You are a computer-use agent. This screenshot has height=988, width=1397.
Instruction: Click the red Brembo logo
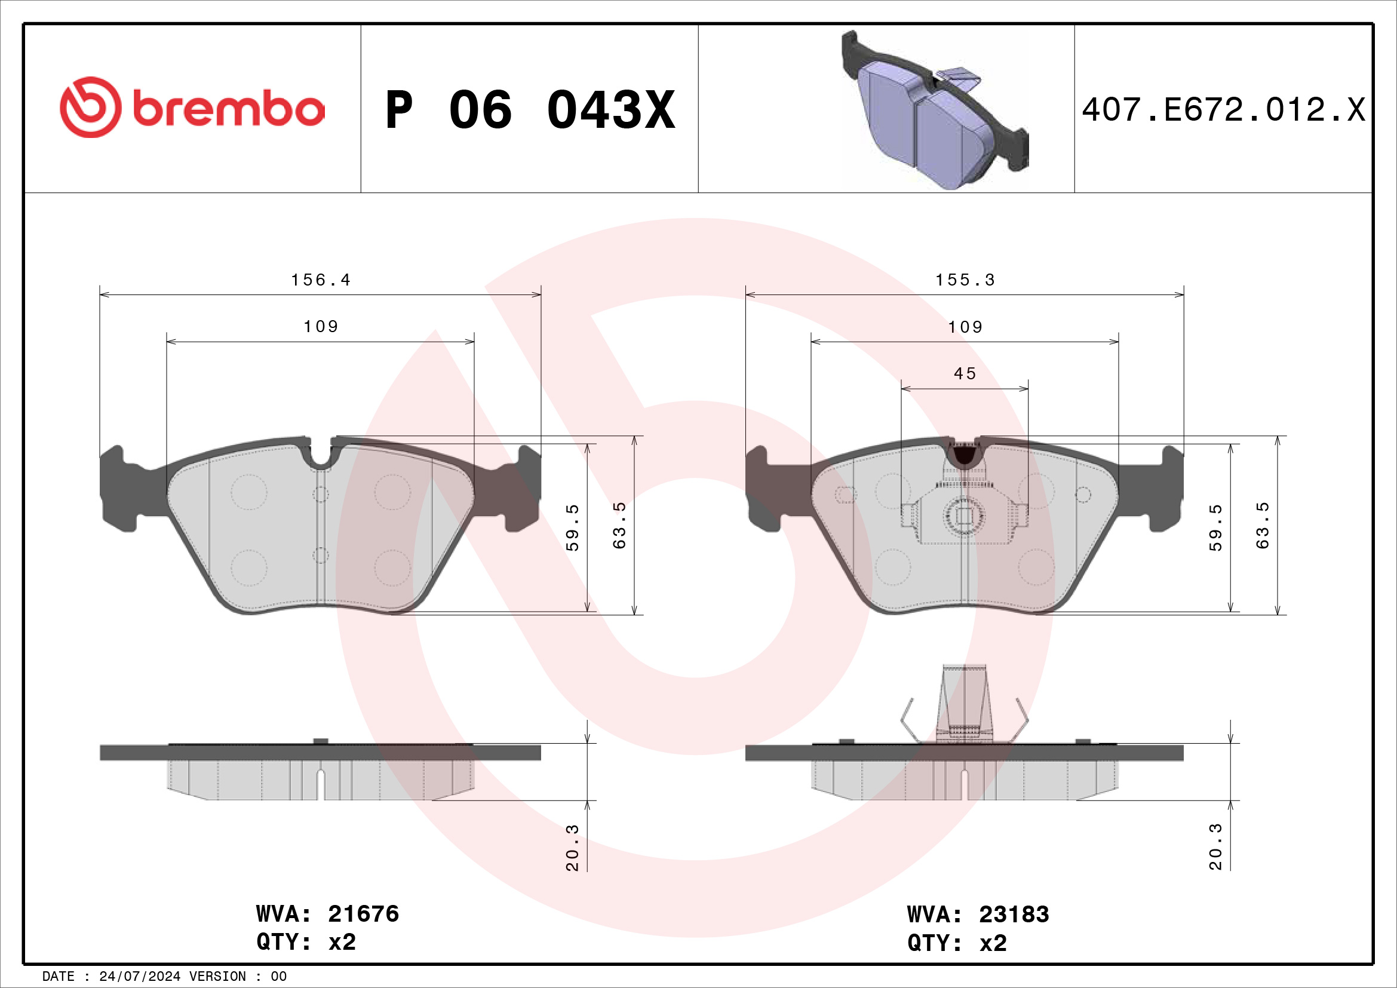click(192, 108)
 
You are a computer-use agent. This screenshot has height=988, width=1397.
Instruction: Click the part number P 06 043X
click(529, 110)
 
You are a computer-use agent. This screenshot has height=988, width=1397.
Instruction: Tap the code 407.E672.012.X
click(1223, 110)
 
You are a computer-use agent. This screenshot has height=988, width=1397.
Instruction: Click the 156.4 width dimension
click(321, 280)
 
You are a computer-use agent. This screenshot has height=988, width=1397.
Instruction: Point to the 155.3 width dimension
click(965, 280)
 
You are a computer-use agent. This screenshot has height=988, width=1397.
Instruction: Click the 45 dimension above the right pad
click(965, 373)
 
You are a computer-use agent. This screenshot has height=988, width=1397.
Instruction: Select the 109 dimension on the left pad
click(321, 327)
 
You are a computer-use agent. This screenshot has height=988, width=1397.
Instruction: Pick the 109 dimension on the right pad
click(965, 327)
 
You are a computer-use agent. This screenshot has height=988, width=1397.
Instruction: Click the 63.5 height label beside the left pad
click(619, 526)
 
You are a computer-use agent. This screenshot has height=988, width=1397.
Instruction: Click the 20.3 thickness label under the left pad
click(572, 848)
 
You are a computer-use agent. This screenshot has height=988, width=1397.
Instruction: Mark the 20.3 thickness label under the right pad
click(1215, 847)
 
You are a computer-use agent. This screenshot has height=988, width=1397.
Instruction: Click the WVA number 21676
click(363, 914)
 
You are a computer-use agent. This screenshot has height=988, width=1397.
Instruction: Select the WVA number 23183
click(1014, 915)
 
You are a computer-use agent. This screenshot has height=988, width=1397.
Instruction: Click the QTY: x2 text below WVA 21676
click(306, 942)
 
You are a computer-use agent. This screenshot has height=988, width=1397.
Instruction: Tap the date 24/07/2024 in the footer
click(139, 977)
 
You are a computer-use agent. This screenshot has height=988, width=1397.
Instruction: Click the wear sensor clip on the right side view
click(965, 705)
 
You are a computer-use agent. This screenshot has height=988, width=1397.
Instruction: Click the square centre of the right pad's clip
click(964, 516)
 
